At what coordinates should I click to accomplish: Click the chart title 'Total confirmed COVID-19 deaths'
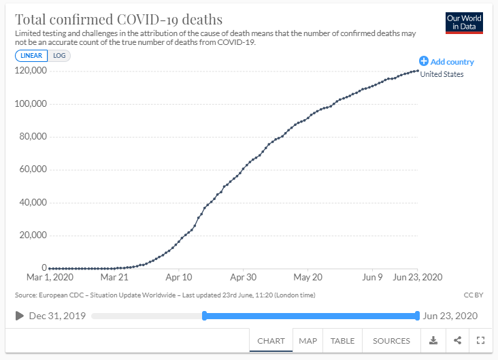[x=118, y=19]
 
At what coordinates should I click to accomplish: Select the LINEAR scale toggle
[x=31, y=56]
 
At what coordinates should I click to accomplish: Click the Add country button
[x=446, y=61]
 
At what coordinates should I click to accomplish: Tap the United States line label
[x=442, y=74]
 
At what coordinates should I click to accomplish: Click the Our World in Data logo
[x=464, y=22]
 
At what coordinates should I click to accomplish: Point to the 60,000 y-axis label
[x=32, y=169]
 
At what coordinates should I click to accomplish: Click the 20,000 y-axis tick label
[x=32, y=235]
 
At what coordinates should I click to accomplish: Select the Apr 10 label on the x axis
[x=178, y=278]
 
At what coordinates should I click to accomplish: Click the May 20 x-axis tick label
[x=308, y=278]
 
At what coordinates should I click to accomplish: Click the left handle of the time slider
[x=204, y=316]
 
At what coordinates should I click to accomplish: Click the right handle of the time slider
[x=417, y=316]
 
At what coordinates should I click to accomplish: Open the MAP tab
[x=308, y=340]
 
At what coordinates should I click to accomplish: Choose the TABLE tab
[x=342, y=340]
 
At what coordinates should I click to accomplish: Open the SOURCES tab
[x=391, y=340]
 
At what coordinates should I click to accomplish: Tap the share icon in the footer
[x=457, y=340]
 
